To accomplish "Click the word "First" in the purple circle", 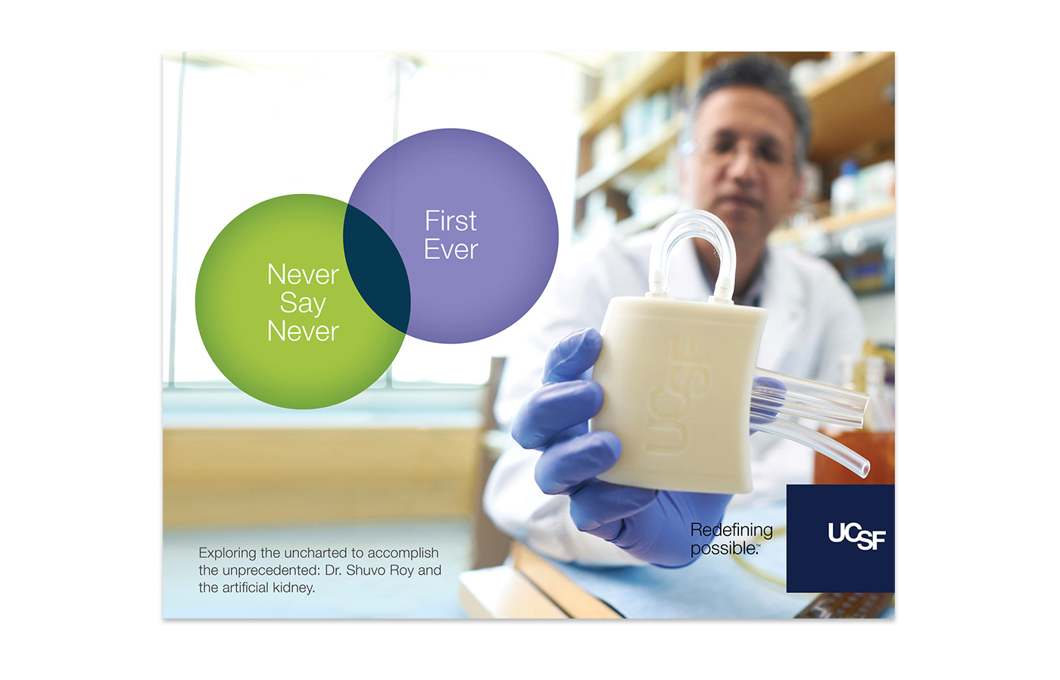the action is click(450, 220).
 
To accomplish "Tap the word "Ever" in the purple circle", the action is click(451, 249).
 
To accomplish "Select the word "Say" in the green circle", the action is click(303, 304).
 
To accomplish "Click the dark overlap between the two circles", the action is click(376, 268).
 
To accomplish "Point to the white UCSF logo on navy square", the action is click(856, 536).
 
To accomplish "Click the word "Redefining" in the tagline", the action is click(731, 529).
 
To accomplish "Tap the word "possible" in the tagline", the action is click(724, 548).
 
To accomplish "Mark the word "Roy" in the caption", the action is click(402, 571).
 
